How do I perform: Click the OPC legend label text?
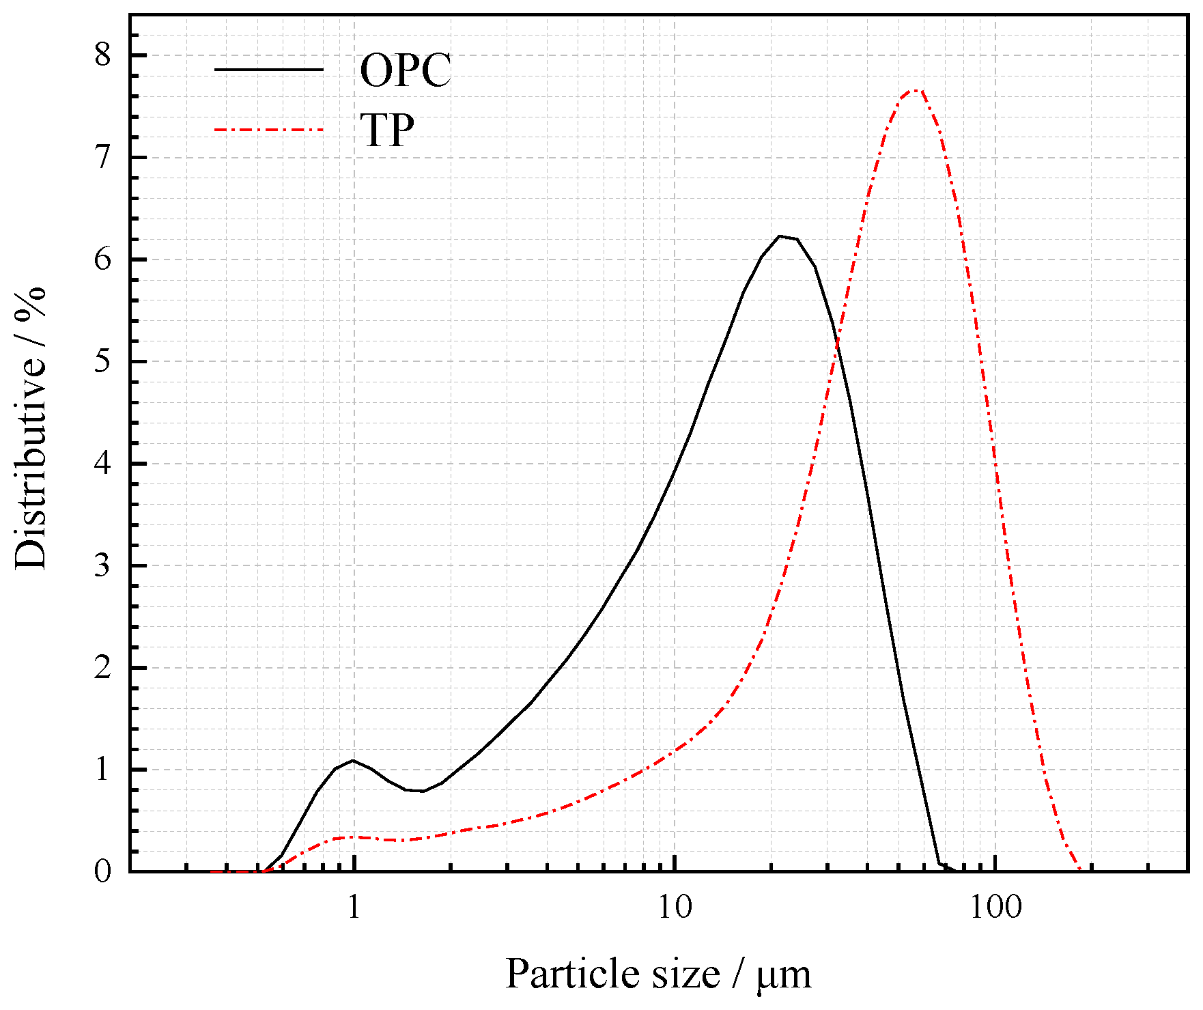[x=406, y=70]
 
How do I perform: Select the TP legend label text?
[x=387, y=130]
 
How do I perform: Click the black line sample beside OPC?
[x=268, y=69]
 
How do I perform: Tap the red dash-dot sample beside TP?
[x=268, y=129]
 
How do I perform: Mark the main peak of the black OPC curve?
[x=780, y=236]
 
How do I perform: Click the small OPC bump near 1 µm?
[x=352, y=760]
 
